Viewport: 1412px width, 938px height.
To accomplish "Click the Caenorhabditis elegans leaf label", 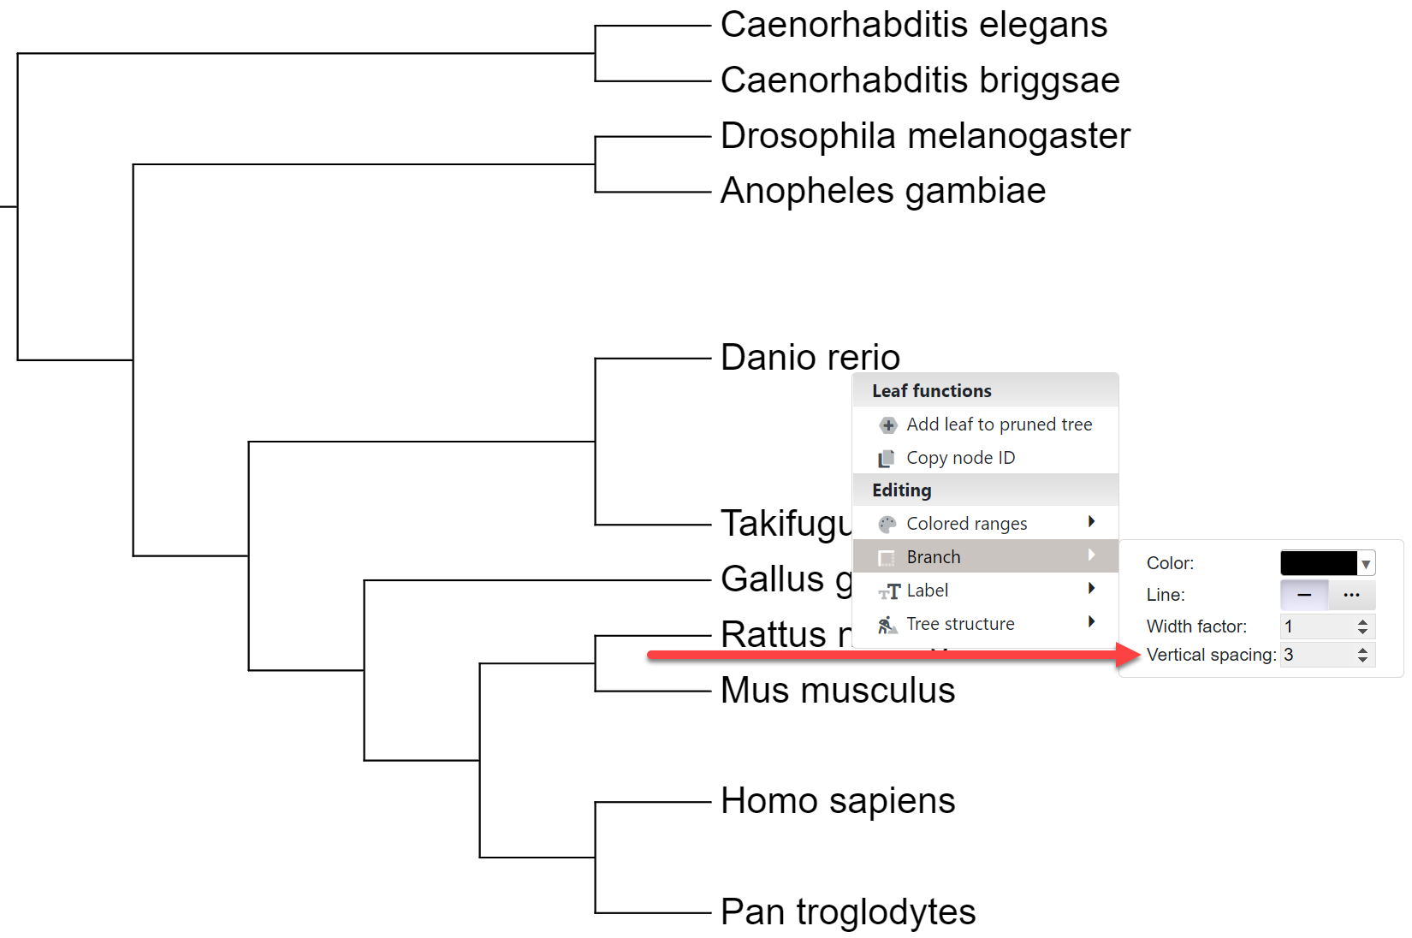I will (x=913, y=26).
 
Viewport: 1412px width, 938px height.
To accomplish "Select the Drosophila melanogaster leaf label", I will (x=925, y=136).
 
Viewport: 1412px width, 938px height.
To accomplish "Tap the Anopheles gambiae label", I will (x=882, y=191).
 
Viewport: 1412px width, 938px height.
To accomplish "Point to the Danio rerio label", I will (x=810, y=357).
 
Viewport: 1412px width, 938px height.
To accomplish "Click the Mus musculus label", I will (x=837, y=690).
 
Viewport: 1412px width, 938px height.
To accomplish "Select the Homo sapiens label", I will (x=837, y=801).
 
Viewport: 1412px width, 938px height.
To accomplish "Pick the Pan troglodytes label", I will (x=847, y=911).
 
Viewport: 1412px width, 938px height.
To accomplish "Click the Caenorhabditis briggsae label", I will (x=919, y=80).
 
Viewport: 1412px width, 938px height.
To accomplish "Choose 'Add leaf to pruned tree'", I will (x=999, y=424).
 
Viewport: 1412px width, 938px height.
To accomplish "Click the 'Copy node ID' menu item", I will (x=960, y=458).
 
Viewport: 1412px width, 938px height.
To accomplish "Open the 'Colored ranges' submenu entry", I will (x=966, y=524).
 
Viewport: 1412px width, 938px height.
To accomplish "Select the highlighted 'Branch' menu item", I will (x=933, y=557).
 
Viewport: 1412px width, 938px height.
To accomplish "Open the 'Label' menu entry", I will (x=927, y=591).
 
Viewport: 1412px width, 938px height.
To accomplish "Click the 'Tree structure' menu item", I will (x=960, y=624).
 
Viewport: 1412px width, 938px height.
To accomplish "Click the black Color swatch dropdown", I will (x=1326, y=563).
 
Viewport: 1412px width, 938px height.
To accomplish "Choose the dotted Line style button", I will (x=1352, y=595).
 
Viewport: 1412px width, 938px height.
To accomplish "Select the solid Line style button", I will (x=1304, y=595).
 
